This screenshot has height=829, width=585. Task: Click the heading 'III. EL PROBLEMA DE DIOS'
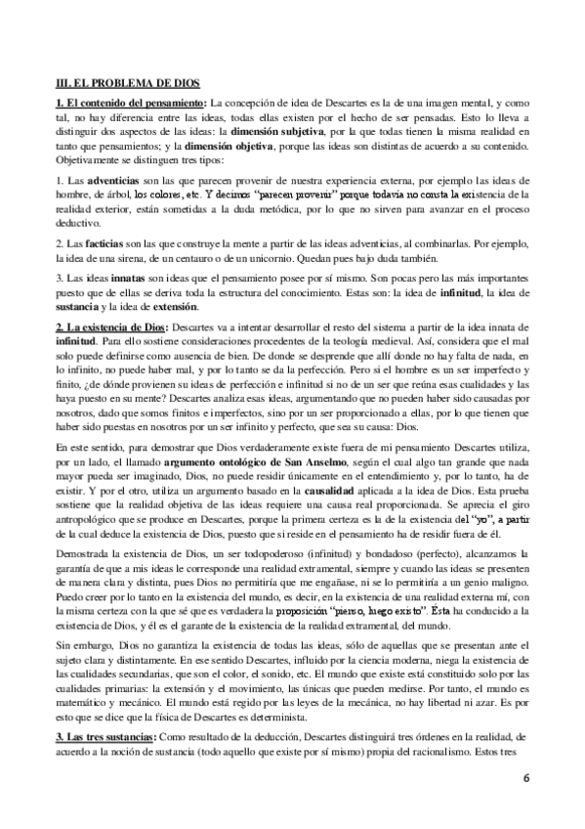pyautogui.click(x=128, y=85)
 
